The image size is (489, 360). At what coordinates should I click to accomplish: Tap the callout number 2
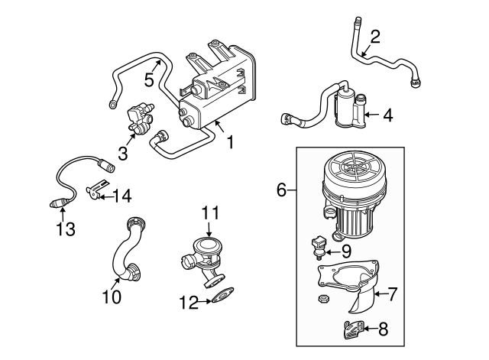[x=375, y=36]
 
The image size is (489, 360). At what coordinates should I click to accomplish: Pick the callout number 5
[x=150, y=79]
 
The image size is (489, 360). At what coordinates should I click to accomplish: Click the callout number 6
[x=282, y=190]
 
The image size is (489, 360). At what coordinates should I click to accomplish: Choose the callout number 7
[x=393, y=293]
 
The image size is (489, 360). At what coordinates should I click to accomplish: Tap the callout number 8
[x=384, y=329]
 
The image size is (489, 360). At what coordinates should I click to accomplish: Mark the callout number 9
[x=345, y=249]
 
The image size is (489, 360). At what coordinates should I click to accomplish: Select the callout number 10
[x=112, y=297]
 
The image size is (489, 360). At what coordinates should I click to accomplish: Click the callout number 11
[x=210, y=212]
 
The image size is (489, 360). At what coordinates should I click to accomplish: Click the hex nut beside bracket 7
[x=322, y=297]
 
